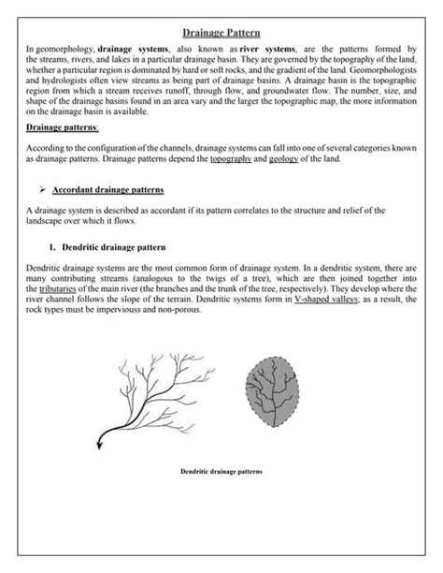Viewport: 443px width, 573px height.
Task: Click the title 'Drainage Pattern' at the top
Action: point(221,32)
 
